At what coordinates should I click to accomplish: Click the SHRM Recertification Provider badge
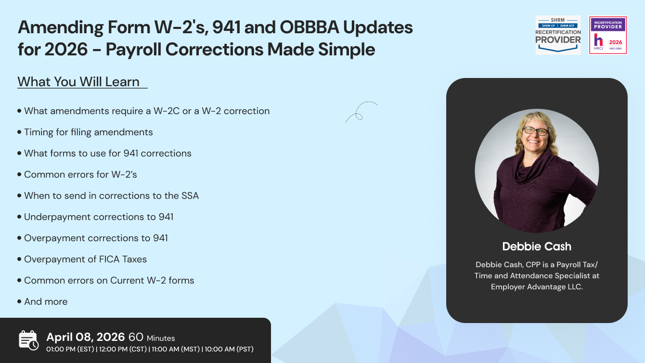558,35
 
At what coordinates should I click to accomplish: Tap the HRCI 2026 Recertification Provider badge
607,35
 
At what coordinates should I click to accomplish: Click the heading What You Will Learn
79,82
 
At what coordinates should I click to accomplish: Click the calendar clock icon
28,340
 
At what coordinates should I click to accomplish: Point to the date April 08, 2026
86,337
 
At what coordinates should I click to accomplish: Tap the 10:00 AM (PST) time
229,349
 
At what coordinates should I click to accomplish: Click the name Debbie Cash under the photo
537,246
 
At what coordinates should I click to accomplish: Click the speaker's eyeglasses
535,131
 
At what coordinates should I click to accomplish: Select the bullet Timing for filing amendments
89,132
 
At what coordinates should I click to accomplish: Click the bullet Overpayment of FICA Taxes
86,259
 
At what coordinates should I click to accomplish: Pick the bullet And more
46,301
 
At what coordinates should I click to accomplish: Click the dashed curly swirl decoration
360,112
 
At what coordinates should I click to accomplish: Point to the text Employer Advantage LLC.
537,286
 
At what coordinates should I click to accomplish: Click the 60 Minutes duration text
152,337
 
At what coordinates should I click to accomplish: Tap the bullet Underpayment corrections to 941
99,217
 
